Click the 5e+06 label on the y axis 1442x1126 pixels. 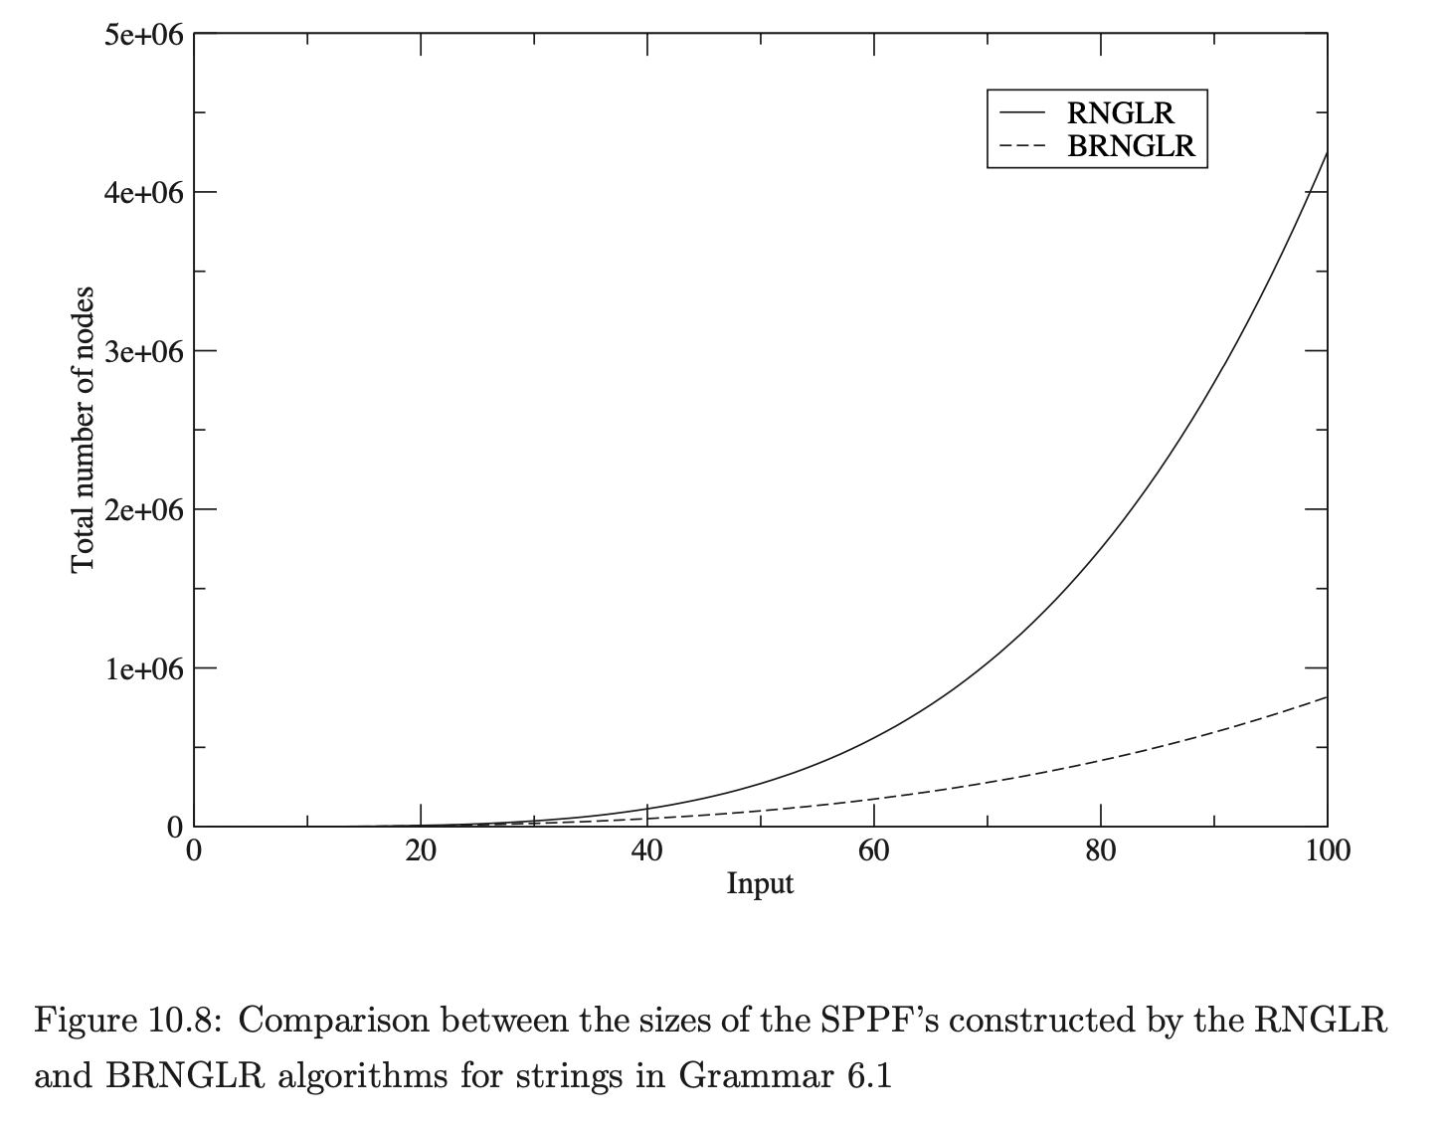(143, 35)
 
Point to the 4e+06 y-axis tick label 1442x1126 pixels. (143, 192)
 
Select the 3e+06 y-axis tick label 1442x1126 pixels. (143, 351)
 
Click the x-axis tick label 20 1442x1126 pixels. (421, 851)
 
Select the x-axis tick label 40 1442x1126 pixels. (647, 851)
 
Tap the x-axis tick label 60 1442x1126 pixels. (874, 851)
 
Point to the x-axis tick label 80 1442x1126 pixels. (1101, 851)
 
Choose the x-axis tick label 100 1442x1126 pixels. (1327, 851)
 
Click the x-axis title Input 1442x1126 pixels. (760, 883)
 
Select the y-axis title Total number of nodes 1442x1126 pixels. (84, 430)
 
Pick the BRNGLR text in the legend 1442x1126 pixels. (1131, 146)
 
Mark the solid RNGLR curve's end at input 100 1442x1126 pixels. (1327, 152)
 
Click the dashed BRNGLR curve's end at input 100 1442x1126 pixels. (1327, 697)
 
